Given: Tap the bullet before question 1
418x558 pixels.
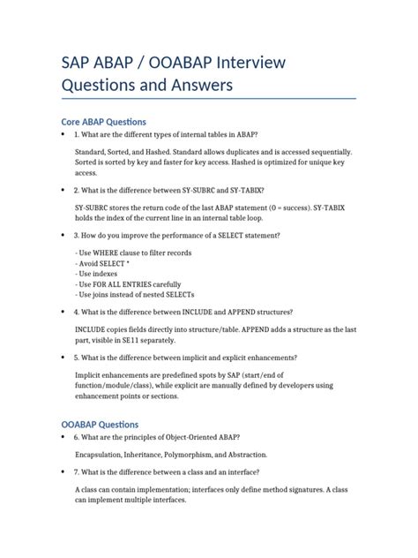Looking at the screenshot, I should pos(63,134).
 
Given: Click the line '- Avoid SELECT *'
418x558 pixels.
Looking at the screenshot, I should pos(102,264).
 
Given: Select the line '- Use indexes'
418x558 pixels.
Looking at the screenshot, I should pos(99,274).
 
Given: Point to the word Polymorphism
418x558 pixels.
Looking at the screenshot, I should pos(195,455).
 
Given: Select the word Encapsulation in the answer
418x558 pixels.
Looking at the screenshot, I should pos(101,455).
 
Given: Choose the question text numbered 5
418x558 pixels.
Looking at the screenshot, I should pos(185,358).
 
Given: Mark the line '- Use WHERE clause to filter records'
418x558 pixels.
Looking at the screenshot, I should pos(133,253).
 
